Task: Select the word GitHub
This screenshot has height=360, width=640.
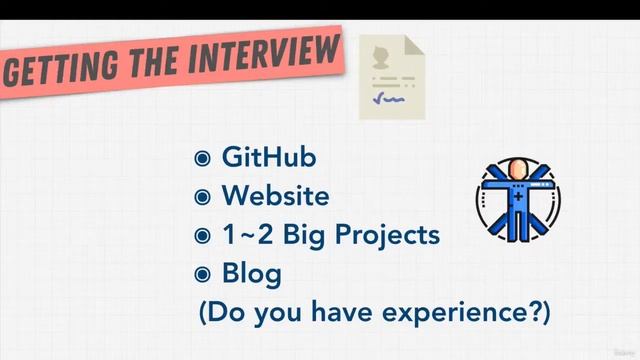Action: (x=269, y=158)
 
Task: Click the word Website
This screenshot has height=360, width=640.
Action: (x=275, y=196)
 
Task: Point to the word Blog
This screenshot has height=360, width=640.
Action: (x=251, y=272)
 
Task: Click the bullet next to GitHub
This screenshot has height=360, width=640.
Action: (x=203, y=159)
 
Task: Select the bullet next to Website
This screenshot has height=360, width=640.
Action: (x=203, y=197)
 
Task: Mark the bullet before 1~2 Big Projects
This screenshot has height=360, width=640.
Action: (x=203, y=235)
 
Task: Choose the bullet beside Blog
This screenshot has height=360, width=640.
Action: (x=203, y=273)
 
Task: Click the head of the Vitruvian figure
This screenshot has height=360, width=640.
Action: (x=517, y=167)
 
